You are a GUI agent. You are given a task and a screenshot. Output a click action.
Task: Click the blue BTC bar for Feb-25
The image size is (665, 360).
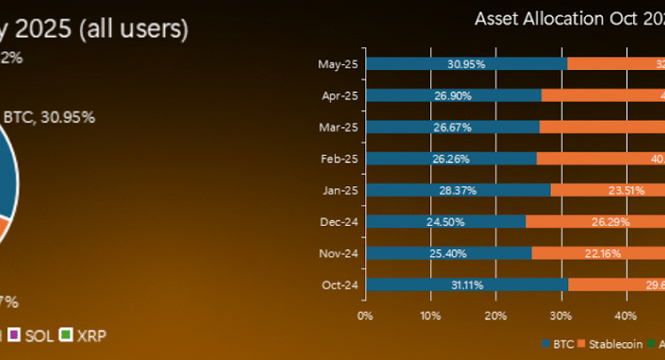coord(450,158)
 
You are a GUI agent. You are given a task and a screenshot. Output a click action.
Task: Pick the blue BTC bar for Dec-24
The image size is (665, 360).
coord(446,221)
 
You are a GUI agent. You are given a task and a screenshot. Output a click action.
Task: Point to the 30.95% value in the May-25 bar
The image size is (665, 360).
coord(465,64)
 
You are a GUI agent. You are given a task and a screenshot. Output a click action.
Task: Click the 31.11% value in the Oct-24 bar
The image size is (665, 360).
coord(466,285)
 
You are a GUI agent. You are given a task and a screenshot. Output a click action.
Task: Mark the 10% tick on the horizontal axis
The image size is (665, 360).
coord(429,315)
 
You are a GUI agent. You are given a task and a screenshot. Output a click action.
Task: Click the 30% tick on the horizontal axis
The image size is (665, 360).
coord(559,315)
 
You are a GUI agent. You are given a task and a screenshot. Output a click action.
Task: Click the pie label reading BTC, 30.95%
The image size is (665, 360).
coord(50,116)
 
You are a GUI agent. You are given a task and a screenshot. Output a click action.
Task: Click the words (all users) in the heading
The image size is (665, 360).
coord(134,28)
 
